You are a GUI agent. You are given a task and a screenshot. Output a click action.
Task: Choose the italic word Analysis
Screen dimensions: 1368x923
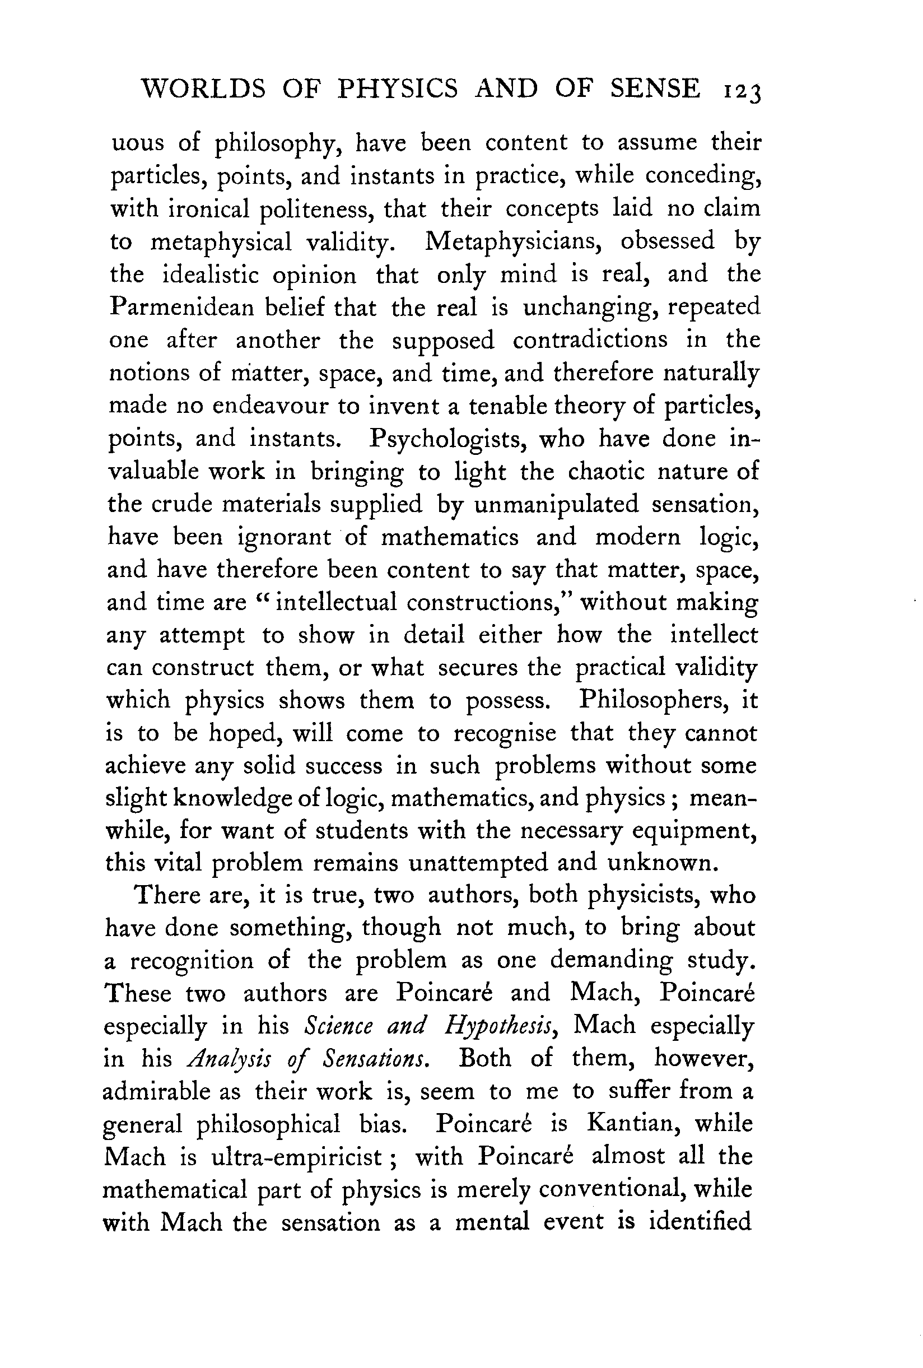click(x=227, y=1059)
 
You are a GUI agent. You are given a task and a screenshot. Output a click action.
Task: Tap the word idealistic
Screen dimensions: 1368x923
click(x=210, y=275)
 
